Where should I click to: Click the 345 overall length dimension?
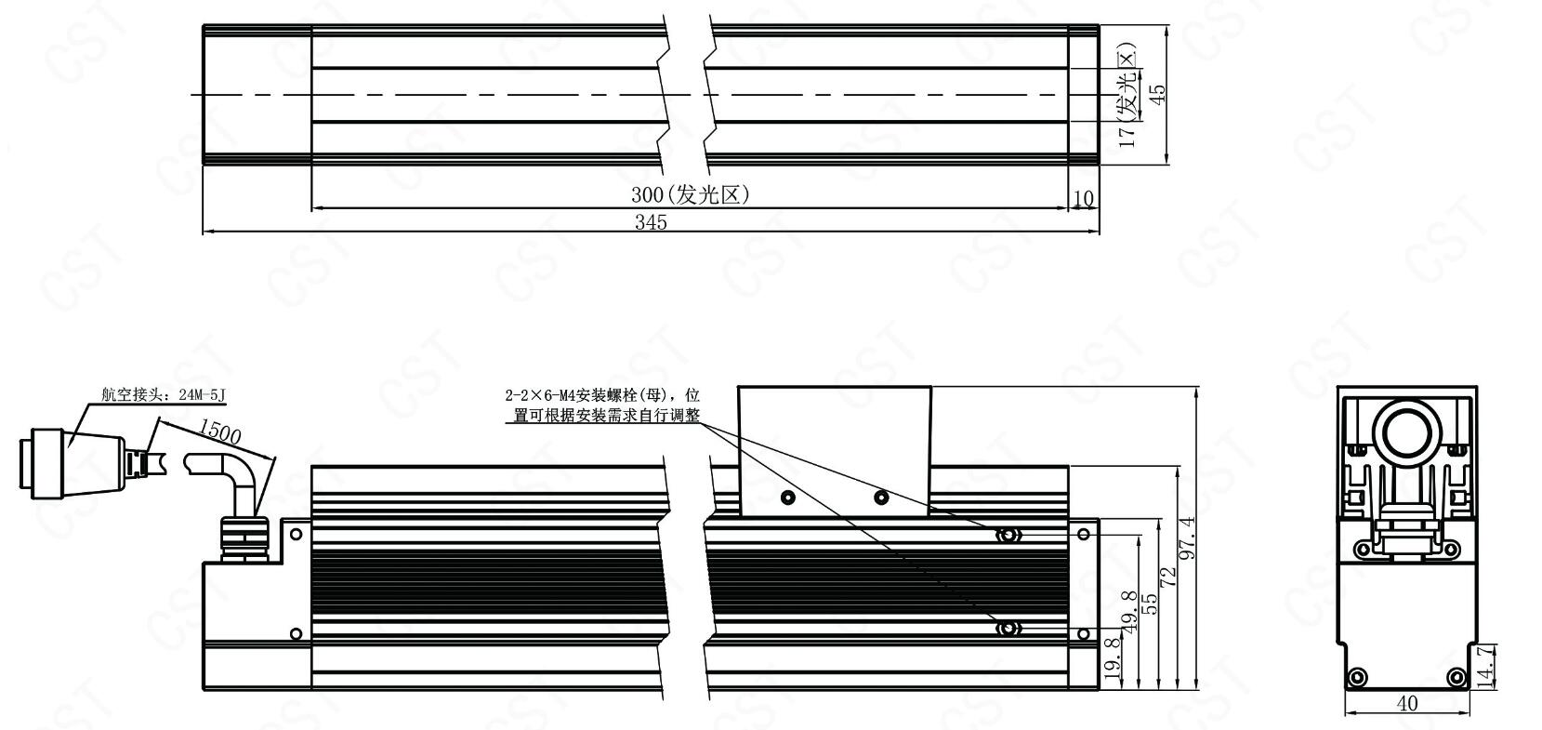(x=651, y=221)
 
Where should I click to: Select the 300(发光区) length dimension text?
(x=690, y=195)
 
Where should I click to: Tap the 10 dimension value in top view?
(x=1084, y=198)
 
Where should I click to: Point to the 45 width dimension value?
(x=1158, y=94)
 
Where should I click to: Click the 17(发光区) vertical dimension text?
(x=1127, y=96)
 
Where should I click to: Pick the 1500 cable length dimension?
(x=219, y=431)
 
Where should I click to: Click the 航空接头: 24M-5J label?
(x=164, y=394)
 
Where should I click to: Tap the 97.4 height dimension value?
(x=1188, y=538)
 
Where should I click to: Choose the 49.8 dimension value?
(x=1129, y=611)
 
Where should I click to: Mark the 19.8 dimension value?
(x=1112, y=658)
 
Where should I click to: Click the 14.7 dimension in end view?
(x=1486, y=667)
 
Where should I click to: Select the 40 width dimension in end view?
(x=1407, y=703)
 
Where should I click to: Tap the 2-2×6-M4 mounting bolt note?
(x=603, y=405)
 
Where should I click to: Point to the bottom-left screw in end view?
(x=1357, y=677)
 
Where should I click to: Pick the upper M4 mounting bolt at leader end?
(x=1008, y=535)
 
